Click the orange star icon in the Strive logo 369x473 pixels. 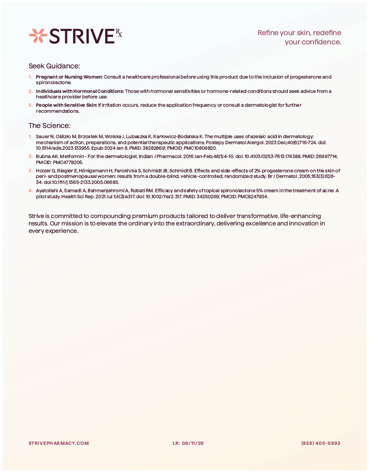point(37,36)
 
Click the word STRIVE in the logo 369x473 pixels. point(81,36)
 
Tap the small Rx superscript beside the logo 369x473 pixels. point(119,32)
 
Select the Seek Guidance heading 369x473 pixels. point(54,66)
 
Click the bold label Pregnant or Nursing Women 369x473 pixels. point(69,77)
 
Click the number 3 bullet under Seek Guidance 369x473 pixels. point(30,105)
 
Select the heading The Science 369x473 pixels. point(49,126)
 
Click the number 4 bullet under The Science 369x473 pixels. point(30,190)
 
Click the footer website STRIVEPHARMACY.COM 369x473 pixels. point(59,443)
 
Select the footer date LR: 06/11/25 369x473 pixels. point(188,443)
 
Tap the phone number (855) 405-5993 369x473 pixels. point(321,443)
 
